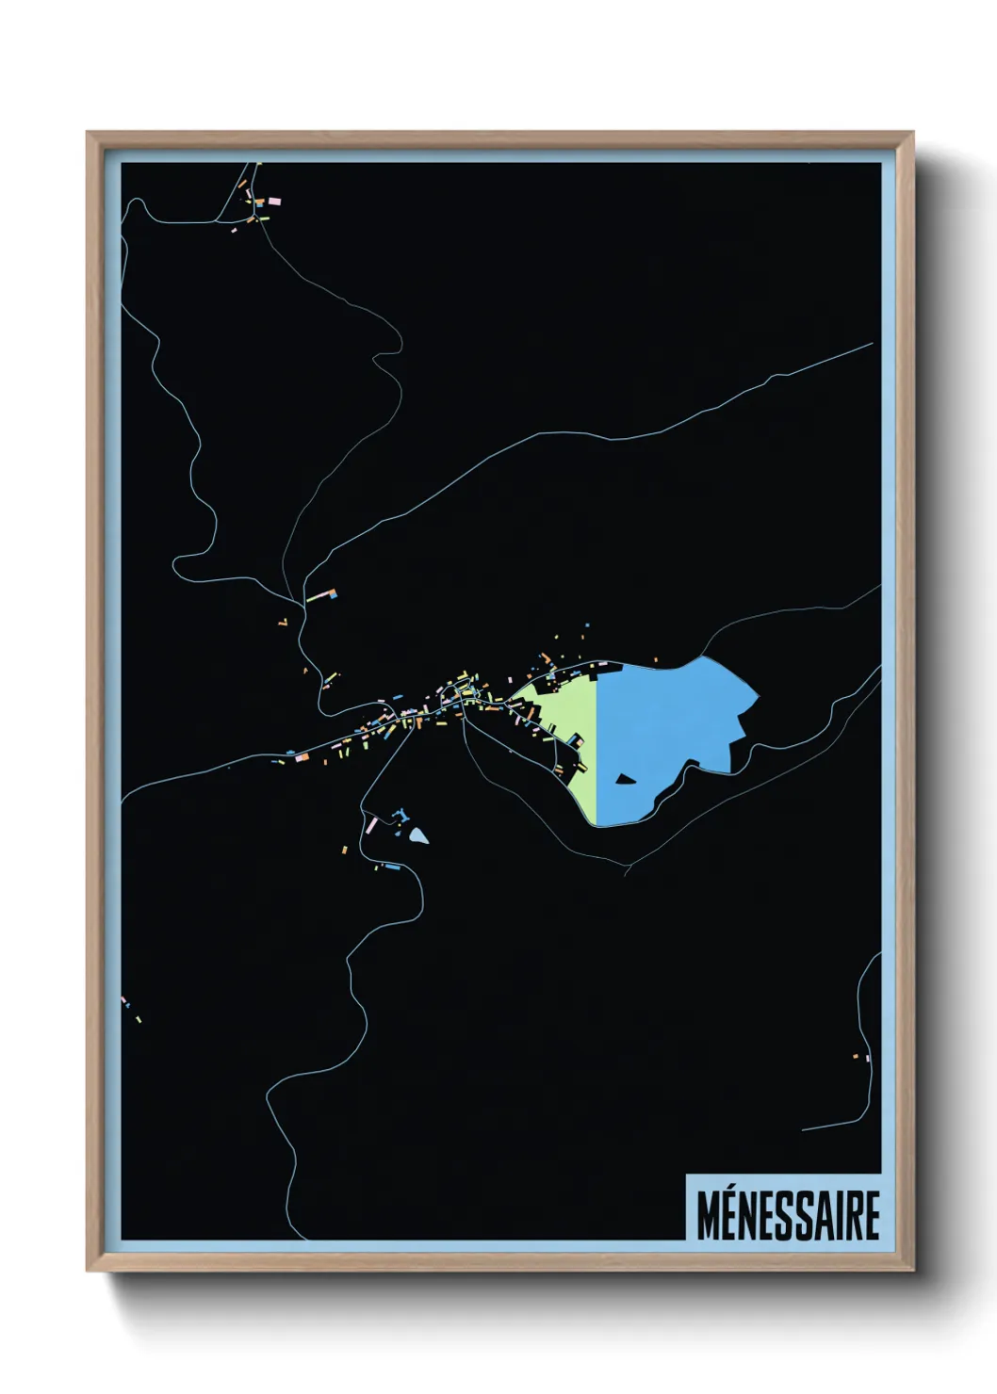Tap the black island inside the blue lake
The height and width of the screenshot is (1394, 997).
pos(625,778)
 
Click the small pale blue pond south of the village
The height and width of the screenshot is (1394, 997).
pos(417,835)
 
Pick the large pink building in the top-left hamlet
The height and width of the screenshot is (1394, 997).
pos(273,201)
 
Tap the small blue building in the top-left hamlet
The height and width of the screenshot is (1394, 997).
pos(260,202)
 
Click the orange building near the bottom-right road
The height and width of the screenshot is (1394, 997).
pos(856,1056)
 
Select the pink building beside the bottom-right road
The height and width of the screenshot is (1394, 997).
pos(866,1059)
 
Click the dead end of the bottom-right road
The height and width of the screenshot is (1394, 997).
pos(803,1129)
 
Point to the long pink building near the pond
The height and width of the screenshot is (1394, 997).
pos(371,825)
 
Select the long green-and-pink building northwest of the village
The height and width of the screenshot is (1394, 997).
pos(321,595)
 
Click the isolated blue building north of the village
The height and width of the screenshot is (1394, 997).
pos(586,624)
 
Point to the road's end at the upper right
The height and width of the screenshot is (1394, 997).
pos(873,344)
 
